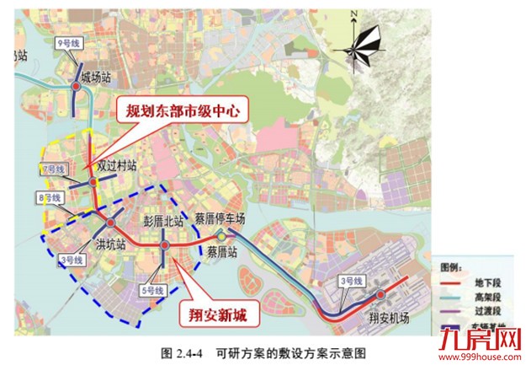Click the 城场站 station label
pyautogui.click(x=96, y=77)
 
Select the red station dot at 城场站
pyautogui.click(x=76, y=86)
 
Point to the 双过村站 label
pyautogui.click(x=115, y=167)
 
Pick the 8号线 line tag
pyautogui.click(x=52, y=197)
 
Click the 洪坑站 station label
pyautogui.click(x=111, y=245)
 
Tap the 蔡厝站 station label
pyautogui.click(x=223, y=252)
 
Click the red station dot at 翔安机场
pyautogui.click(x=381, y=294)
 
